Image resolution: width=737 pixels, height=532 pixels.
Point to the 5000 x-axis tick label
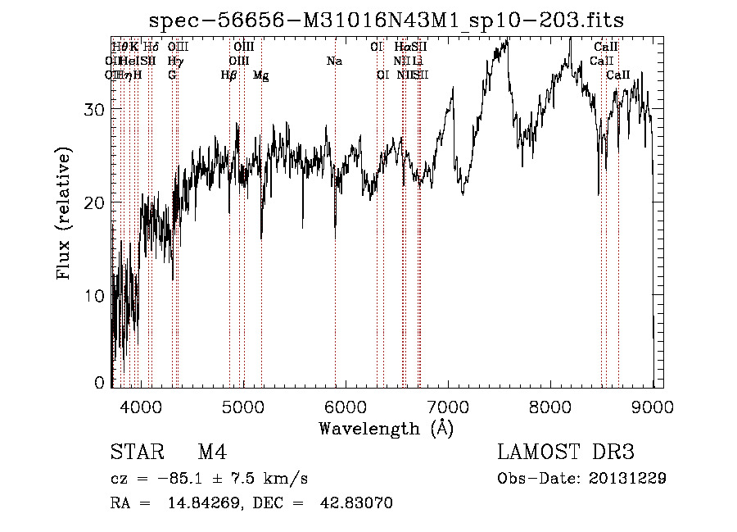[x=243, y=406]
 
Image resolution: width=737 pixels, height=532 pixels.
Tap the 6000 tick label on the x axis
[x=346, y=406]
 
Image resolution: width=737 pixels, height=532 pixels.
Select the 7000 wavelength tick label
[x=448, y=406]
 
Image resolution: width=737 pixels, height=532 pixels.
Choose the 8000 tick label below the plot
[x=550, y=406]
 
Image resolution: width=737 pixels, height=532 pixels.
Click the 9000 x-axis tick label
[x=653, y=406]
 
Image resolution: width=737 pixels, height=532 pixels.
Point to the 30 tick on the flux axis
[x=95, y=109]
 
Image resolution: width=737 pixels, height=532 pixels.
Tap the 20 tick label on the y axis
[x=95, y=202]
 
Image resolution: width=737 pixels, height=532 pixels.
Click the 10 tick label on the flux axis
[x=95, y=295]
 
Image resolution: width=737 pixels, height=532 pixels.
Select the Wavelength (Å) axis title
[x=386, y=428]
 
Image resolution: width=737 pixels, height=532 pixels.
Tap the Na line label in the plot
[x=334, y=61]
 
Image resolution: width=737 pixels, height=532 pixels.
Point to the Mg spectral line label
[x=261, y=75]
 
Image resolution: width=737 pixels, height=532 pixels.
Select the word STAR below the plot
[x=136, y=452]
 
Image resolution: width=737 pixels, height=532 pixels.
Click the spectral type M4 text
[x=212, y=452]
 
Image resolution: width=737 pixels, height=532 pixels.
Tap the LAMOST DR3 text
[x=566, y=452]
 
